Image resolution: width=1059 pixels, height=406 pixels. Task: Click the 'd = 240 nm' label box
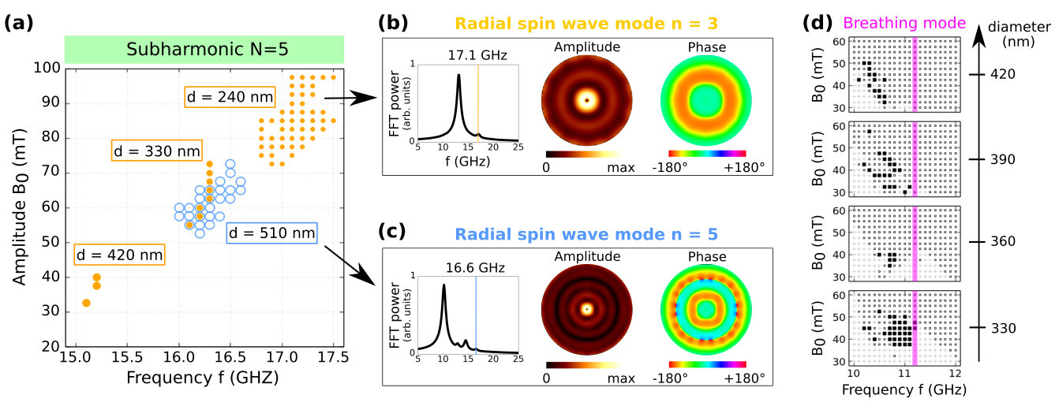pos(230,98)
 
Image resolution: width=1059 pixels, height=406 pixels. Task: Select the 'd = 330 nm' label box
pos(156,151)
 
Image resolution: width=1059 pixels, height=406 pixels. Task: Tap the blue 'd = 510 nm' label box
pos(272,233)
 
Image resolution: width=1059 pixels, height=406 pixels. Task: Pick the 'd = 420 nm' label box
pos(120,255)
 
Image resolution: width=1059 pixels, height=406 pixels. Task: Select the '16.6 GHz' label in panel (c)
pos(473,266)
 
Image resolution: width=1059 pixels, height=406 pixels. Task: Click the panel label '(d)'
pos(818,24)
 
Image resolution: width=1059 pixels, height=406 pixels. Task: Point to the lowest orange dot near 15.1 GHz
pos(86,303)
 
